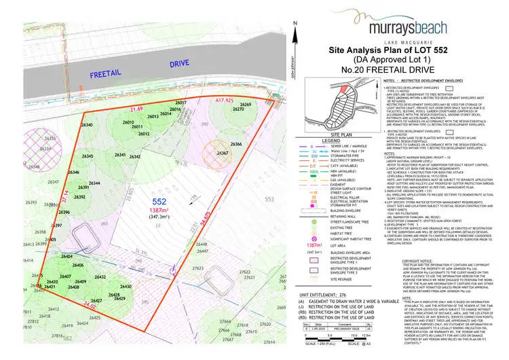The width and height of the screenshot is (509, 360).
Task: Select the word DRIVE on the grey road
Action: coord(181,62)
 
